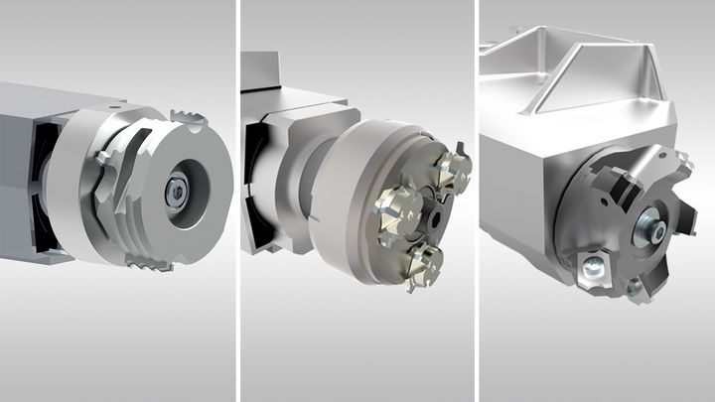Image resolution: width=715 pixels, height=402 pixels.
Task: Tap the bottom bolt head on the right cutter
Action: point(634,287)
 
